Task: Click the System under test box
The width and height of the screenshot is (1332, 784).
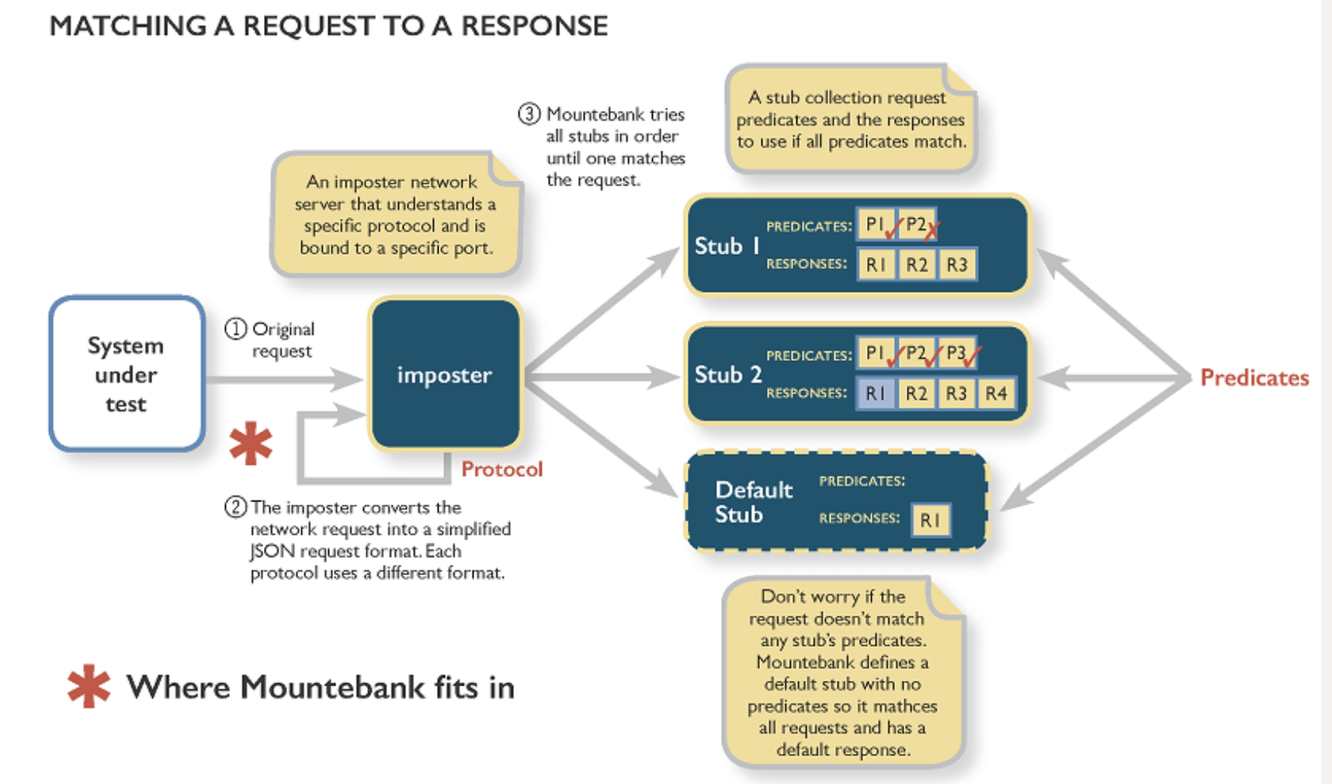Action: click(x=127, y=374)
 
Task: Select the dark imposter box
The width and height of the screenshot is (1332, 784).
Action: click(x=445, y=374)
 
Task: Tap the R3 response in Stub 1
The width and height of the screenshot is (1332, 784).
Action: click(x=957, y=264)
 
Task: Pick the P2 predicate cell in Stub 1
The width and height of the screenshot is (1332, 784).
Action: click(x=916, y=224)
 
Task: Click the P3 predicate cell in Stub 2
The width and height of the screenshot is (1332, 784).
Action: click(x=957, y=354)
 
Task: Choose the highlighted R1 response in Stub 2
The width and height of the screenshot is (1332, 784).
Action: click(x=876, y=393)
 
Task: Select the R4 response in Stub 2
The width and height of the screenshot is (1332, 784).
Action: click(x=996, y=393)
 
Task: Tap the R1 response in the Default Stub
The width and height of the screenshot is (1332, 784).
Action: click(x=930, y=520)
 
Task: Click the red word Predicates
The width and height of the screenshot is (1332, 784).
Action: click(x=1255, y=378)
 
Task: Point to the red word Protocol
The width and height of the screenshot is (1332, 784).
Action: click(x=501, y=469)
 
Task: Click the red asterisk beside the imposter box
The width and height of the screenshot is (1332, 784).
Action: click(x=250, y=443)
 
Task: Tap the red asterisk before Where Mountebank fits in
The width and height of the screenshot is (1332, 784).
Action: click(x=89, y=686)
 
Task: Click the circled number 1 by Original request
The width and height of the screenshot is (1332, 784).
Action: click(x=235, y=329)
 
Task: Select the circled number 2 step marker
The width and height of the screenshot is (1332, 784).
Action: click(x=235, y=507)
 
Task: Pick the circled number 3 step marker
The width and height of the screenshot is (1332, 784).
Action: click(x=529, y=114)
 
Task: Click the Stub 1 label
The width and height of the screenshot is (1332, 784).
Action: click(x=727, y=245)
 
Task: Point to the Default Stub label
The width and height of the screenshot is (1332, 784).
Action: click(x=753, y=501)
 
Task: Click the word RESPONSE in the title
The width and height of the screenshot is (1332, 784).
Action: click(x=534, y=26)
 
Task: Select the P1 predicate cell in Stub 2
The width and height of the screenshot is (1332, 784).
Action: click(x=874, y=354)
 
